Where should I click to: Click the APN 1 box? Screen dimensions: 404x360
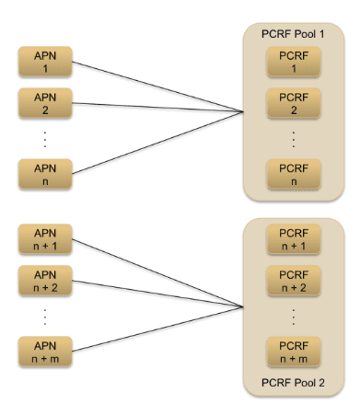(x=45, y=62)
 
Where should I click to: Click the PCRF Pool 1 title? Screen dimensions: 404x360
(x=294, y=33)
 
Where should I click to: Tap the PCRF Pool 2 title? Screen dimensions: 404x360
(x=294, y=381)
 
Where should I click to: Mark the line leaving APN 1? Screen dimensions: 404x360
(x=157, y=87)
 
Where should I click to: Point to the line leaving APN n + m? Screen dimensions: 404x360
(x=157, y=328)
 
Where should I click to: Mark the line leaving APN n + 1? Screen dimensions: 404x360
(x=157, y=273)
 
